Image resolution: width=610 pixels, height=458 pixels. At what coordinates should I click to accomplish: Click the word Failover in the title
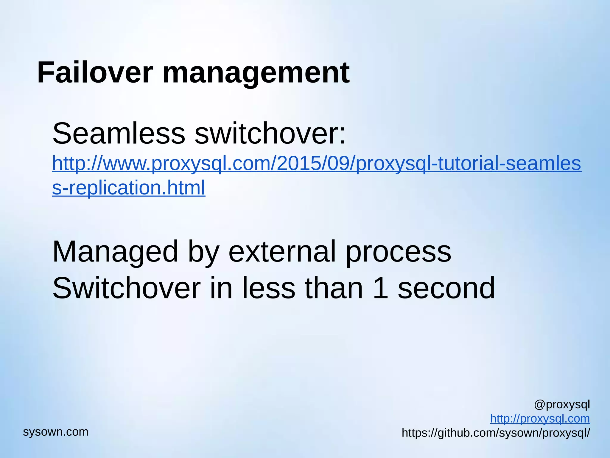(95, 73)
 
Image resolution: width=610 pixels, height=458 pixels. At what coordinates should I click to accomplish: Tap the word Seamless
(119, 134)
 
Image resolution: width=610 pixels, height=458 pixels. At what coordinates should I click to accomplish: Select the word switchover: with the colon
(270, 134)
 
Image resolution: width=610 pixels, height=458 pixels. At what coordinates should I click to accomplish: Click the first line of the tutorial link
(316, 164)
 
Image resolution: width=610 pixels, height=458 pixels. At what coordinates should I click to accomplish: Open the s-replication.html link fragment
(129, 188)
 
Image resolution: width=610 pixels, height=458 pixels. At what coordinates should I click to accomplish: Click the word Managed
(115, 252)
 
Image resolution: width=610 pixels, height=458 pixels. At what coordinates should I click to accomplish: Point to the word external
(282, 252)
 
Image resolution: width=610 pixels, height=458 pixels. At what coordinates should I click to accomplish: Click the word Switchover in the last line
(127, 288)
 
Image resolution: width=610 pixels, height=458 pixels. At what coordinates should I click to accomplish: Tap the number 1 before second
(380, 288)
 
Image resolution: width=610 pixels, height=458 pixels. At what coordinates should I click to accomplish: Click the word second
(446, 288)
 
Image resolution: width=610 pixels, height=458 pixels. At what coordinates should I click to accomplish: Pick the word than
(334, 288)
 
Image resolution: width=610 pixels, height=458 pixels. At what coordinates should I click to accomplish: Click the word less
(268, 288)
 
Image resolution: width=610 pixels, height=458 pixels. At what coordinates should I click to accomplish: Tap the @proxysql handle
(562, 405)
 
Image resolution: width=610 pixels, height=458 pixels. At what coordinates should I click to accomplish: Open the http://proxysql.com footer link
(540, 419)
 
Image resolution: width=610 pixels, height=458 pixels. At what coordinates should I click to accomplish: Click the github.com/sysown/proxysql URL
(496, 433)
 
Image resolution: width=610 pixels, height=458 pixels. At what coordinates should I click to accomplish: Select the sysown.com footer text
(56, 432)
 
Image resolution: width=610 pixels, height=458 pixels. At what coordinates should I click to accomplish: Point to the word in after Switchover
(221, 288)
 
